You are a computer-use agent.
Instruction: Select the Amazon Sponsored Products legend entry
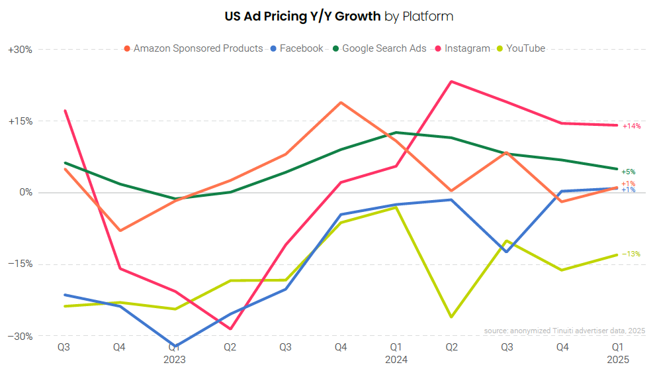(198, 48)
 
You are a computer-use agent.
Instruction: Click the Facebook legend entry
(301, 48)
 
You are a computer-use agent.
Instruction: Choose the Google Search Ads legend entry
(384, 48)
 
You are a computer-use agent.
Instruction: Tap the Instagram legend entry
(467, 48)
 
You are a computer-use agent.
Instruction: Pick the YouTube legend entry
(525, 48)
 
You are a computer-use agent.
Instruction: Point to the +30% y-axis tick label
(20, 50)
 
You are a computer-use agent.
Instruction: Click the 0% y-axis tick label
(24, 193)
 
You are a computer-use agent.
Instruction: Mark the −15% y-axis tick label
(20, 264)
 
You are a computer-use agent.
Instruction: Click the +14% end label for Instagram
(631, 126)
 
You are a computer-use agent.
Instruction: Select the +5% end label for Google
(629, 172)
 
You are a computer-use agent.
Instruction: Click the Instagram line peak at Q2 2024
(451, 81)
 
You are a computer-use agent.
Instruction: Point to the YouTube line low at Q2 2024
(451, 317)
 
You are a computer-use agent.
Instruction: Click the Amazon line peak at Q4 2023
(341, 103)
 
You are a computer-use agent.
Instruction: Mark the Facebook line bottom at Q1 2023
(175, 347)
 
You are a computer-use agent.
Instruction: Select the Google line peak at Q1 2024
(396, 133)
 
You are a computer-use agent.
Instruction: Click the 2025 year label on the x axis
(617, 360)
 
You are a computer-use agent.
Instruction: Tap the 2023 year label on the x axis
(175, 360)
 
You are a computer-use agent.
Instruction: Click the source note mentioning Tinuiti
(564, 331)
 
